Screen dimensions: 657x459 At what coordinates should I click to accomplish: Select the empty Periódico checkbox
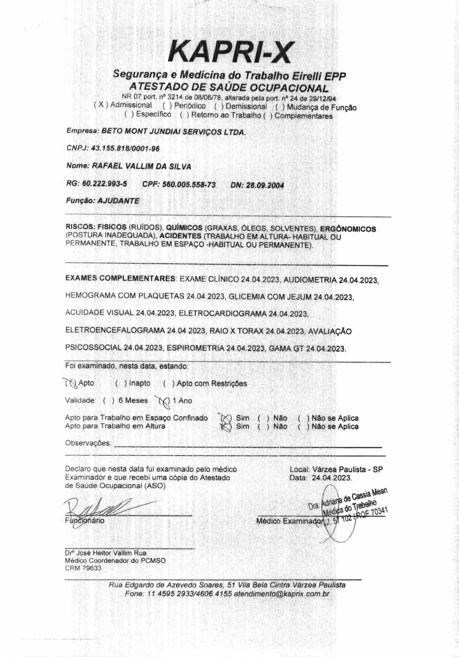tap(168, 106)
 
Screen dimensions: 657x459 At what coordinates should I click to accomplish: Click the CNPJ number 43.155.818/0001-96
tap(125, 148)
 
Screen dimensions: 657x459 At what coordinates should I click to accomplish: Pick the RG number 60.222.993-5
tap(105, 184)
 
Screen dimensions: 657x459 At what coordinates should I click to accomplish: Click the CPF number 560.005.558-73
tap(189, 185)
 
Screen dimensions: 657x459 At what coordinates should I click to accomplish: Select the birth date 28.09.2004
tap(265, 185)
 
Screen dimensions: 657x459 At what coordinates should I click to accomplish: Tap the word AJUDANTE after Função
tap(118, 201)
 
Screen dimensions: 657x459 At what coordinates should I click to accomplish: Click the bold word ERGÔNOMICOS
tap(348, 229)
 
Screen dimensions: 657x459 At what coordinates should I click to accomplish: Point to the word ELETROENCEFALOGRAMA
tap(115, 330)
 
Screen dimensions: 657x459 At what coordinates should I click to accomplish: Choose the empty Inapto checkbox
tap(121, 383)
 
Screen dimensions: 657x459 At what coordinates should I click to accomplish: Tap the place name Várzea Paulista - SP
tap(347, 469)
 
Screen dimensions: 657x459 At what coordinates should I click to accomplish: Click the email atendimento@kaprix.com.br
tap(281, 594)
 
